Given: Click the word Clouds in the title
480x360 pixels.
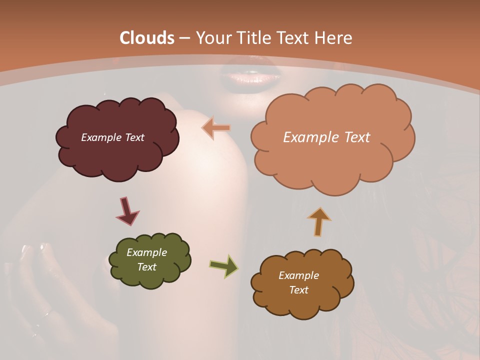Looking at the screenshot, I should [x=147, y=38].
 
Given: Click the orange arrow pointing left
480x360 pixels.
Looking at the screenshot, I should [x=216, y=128].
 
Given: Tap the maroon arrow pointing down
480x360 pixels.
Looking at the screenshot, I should [x=127, y=211].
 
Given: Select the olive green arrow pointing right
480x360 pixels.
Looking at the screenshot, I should [x=223, y=266].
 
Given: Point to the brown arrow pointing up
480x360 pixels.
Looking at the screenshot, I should [x=319, y=221].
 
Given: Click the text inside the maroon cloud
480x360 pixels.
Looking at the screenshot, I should [x=112, y=137].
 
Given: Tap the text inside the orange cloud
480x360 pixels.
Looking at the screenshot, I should [x=326, y=137].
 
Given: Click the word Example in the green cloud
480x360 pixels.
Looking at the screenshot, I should [x=146, y=252].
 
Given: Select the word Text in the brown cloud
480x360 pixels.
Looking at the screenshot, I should [x=298, y=290].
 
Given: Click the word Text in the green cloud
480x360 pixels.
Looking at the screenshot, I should [x=146, y=267].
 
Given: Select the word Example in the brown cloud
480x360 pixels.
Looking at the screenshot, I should [x=298, y=275].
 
